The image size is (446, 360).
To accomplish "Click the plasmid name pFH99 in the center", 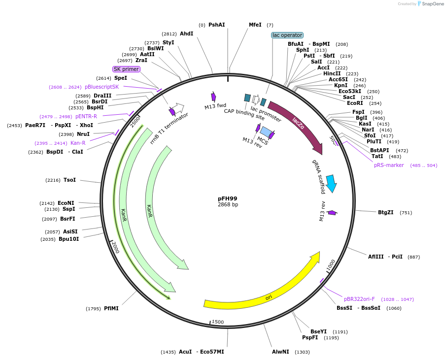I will (x=227, y=198).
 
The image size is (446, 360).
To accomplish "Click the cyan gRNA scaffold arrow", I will (x=331, y=183).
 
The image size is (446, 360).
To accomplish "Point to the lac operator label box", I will (x=287, y=35).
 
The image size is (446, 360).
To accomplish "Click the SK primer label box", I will (x=126, y=69).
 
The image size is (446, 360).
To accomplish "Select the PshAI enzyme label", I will (x=216, y=25).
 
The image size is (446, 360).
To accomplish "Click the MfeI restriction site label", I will (x=255, y=25).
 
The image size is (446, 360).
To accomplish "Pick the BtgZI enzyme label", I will (x=385, y=212).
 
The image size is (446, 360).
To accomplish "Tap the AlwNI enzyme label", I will (x=280, y=352).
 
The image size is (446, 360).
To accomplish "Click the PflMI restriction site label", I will (x=111, y=308).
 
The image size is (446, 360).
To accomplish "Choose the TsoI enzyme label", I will (x=69, y=180).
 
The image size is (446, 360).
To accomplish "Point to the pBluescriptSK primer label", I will (x=102, y=87).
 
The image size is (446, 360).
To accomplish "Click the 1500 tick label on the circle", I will (x=217, y=322).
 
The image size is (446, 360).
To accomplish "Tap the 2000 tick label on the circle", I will (x=115, y=247).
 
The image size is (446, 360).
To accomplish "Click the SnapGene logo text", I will (x=433, y=4).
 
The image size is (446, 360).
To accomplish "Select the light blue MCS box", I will (x=265, y=131).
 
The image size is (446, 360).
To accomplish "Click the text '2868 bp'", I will (x=228, y=204).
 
